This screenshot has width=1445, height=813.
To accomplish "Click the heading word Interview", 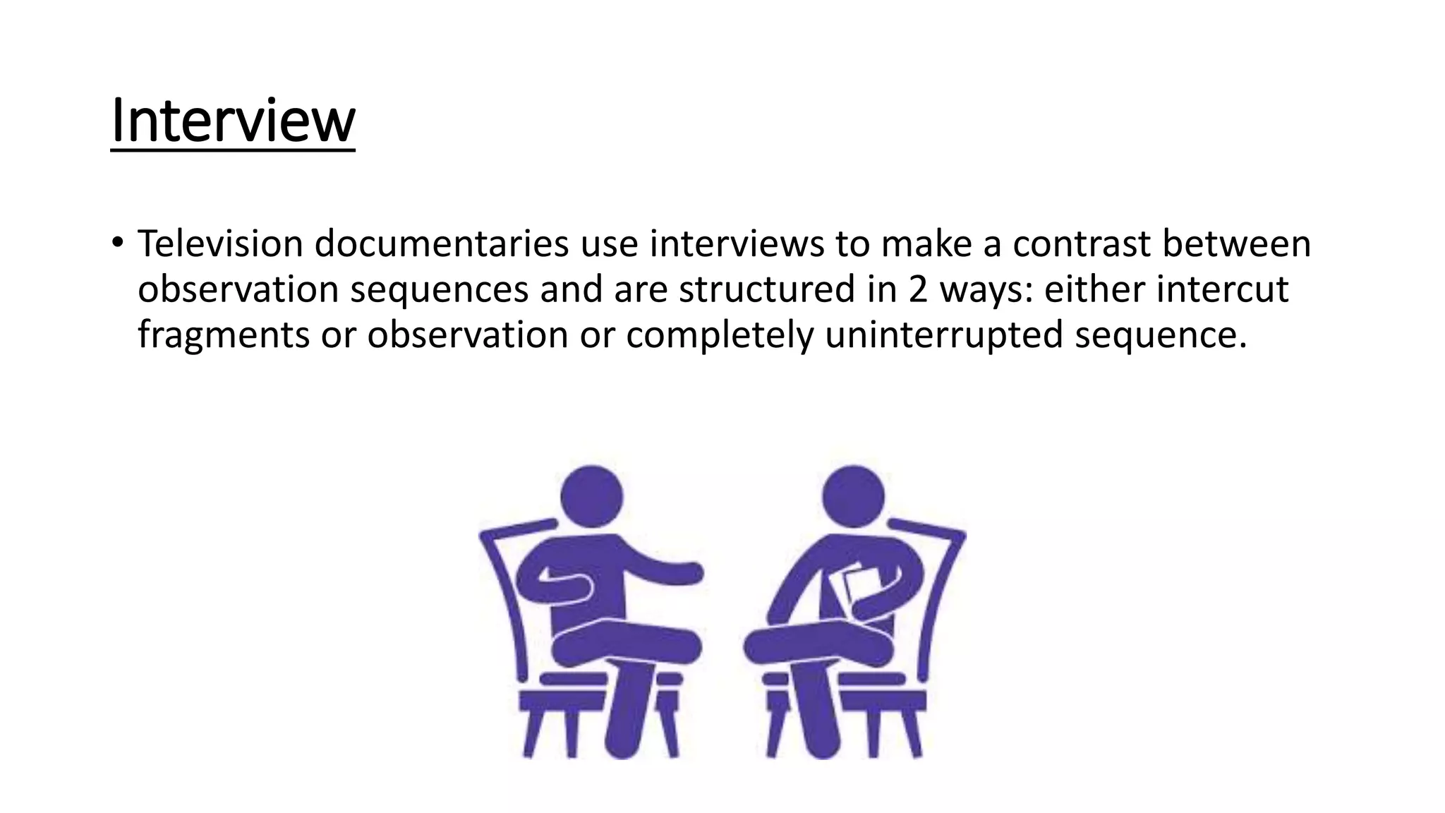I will [233, 121].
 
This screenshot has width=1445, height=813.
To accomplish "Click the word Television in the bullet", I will [219, 243].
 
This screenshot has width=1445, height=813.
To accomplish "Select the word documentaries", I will [441, 243].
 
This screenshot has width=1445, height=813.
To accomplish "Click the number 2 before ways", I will [917, 289].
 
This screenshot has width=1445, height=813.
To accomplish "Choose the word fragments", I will [223, 335].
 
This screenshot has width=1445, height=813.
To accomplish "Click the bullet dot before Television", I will [117, 243].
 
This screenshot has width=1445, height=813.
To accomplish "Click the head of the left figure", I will [591, 495].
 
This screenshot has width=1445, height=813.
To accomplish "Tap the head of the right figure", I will [853, 495].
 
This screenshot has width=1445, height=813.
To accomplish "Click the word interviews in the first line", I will [737, 243].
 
